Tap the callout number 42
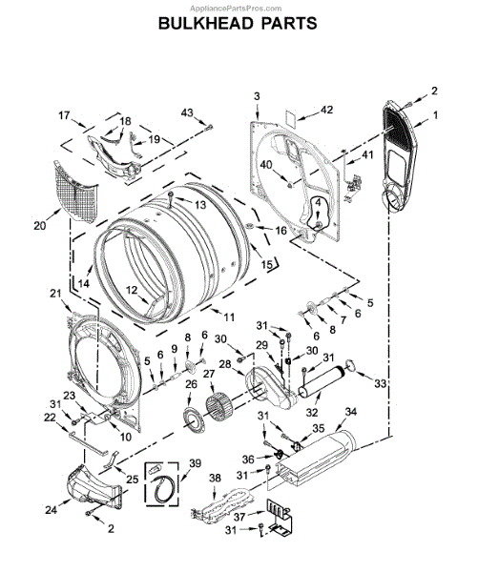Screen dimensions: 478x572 point(326,110)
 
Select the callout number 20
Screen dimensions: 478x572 point(40,226)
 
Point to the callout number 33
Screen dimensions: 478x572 point(380,383)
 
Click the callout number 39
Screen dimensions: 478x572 point(195,463)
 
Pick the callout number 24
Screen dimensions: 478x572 point(52,510)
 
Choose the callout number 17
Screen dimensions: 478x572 point(64,115)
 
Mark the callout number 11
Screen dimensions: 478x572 point(229,317)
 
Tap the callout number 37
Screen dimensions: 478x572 point(239,517)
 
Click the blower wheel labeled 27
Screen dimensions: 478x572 point(218,406)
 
